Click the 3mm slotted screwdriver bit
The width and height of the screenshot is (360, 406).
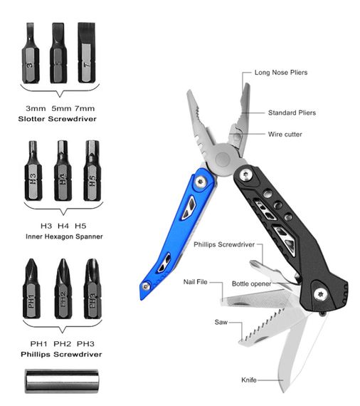click(x=31, y=53)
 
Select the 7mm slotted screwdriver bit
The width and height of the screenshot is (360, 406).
click(x=87, y=53)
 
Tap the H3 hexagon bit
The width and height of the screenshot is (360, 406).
click(x=33, y=171)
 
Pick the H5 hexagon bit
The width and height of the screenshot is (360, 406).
click(x=92, y=171)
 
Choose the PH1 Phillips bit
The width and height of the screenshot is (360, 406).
click(x=31, y=288)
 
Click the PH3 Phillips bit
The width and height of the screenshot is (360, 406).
click(x=92, y=288)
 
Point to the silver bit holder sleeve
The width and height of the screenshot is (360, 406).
click(x=62, y=381)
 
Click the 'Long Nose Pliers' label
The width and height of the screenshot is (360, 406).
click(x=281, y=73)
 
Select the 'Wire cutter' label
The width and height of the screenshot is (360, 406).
click(x=285, y=135)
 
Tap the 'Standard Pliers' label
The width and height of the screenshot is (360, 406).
click(x=292, y=113)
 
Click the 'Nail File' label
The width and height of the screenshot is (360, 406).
click(x=196, y=282)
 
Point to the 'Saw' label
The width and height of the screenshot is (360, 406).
click(x=221, y=322)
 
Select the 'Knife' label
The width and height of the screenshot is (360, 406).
click(x=249, y=380)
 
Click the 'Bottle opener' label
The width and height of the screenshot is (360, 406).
click(x=252, y=283)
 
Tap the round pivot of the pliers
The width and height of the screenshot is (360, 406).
click(x=223, y=159)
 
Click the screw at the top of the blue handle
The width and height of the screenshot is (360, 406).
click(x=201, y=182)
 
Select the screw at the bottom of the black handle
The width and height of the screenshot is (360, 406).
click(x=320, y=294)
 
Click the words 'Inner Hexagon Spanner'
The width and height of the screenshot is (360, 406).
click(x=64, y=236)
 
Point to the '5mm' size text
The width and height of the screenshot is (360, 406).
click(x=60, y=108)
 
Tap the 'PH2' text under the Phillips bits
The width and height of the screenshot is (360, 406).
click(x=62, y=344)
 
